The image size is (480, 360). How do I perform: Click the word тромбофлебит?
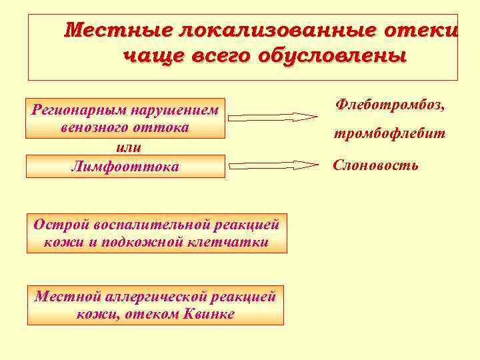pyautogui.click(x=389, y=134)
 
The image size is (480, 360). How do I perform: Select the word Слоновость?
pyautogui.click(x=376, y=165)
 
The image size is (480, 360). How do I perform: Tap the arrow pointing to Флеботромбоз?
pyautogui.click(x=273, y=117)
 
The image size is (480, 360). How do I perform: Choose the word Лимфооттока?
pyautogui.click(x=125, y=167)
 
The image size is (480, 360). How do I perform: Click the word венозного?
pyautogui.click(x=93, y=127)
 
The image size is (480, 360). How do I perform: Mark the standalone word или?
pyautogui.click(x=125, y=146)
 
